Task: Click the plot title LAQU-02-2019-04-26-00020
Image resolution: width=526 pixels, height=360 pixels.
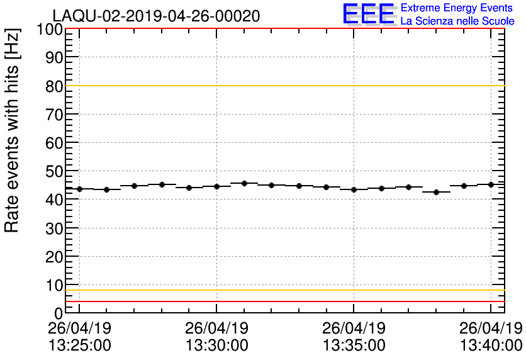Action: [x=156, y=16]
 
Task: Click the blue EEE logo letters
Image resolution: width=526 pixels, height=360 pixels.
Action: [x=369, y=14]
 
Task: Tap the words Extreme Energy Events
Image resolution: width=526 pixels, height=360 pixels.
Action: [x=457, y=8]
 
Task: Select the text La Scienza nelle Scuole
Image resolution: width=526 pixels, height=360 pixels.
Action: [x=457, y=21]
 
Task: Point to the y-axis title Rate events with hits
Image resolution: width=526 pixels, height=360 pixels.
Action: [x=13, y=130]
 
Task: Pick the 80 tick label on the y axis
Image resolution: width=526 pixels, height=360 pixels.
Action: [x=53, y=86]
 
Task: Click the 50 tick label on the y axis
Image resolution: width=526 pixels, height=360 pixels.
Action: [x=53, y=171]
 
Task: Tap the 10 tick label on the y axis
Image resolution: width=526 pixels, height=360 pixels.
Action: [x=53, y=285]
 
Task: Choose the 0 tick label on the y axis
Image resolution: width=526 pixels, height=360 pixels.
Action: [x=58, y=313]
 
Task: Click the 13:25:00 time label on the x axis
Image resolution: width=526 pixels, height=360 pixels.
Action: [x=79, y=346]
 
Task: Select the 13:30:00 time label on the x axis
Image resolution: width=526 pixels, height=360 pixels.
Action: [x=216, y=346]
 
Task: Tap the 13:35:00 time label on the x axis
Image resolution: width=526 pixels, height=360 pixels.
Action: [x=354, y=346]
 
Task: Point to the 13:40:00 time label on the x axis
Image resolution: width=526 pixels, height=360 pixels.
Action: [x=491, y=346]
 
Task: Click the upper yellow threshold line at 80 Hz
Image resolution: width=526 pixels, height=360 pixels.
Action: [x=283, y=86]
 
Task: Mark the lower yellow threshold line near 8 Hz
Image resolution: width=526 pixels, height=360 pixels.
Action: [x=283, y=290]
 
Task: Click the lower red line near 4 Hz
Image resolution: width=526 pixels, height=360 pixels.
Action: [x=283, y=301]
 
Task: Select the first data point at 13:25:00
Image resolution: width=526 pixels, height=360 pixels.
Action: [x=79, y=189]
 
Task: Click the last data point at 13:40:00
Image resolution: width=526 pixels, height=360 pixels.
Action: [x=491, y=184]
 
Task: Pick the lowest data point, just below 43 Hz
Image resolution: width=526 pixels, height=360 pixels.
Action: [x=436, y=192]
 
